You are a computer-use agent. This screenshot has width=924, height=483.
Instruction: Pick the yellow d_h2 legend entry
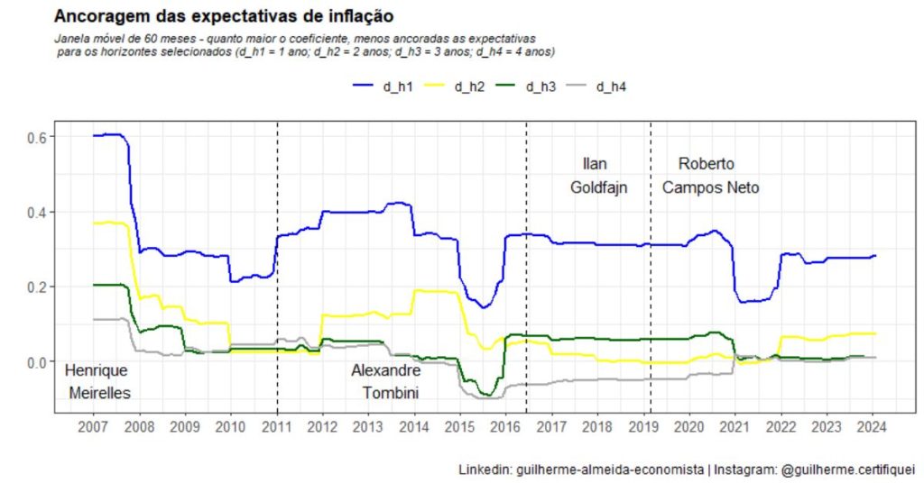(x=457, y=87)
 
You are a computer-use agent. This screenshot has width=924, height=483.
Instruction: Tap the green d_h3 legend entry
(x=527, y=87)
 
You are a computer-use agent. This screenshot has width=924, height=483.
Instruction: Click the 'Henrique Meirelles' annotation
(x=98, y=382)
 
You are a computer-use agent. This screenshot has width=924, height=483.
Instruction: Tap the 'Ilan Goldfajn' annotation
(x=597, y=176)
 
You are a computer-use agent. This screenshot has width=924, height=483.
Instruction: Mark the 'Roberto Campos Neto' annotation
(x=710, y=176)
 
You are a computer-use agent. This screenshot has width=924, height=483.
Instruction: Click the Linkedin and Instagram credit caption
(x=687, y=469)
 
